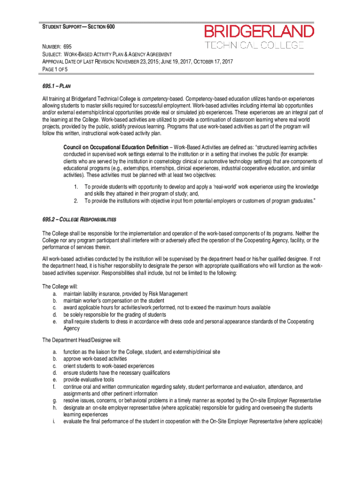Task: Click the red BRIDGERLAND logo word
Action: (259, 32)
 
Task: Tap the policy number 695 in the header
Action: (71, 47)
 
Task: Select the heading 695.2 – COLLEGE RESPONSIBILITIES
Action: (79, 219)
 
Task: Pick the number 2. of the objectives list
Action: (76, 201)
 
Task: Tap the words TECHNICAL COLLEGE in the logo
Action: (255, 45)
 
